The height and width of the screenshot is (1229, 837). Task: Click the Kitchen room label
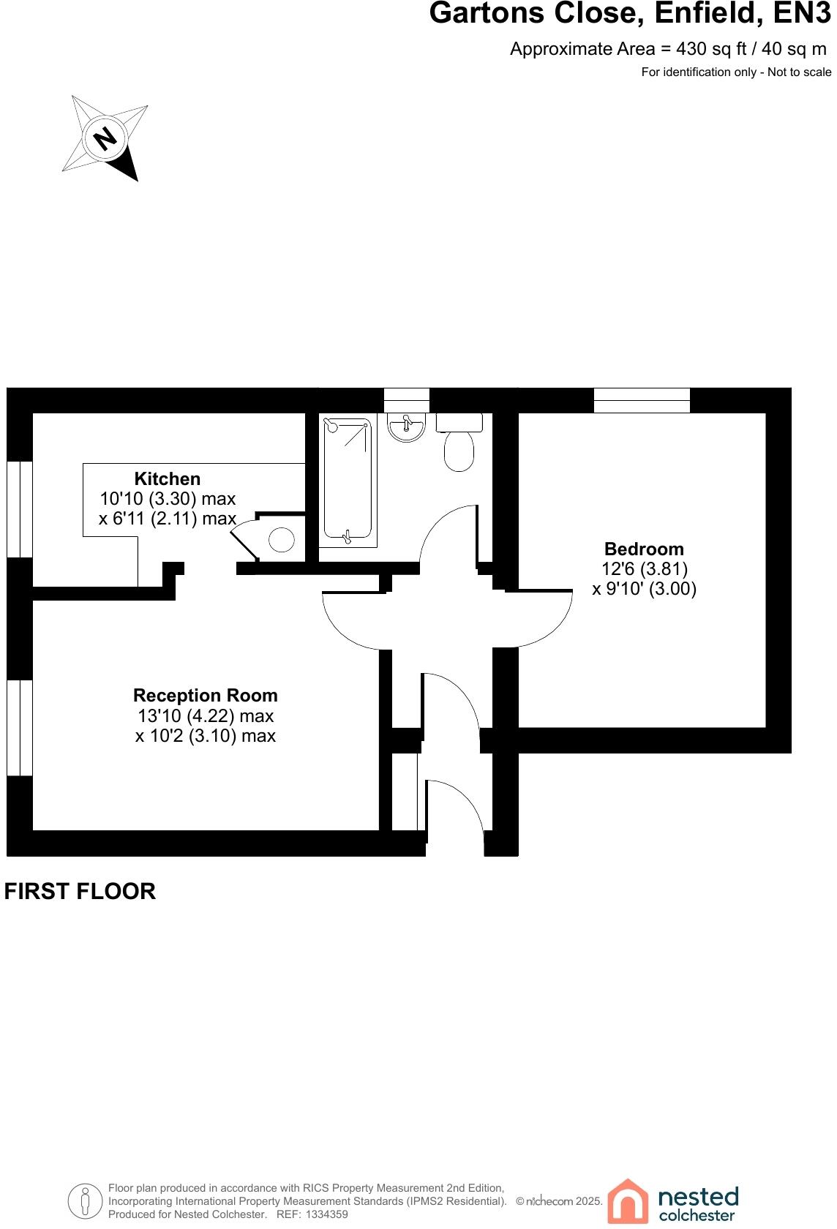pyautogui.click(x=167, y=479)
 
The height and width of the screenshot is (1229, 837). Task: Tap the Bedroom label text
pyautogui.click(x=644, y=549)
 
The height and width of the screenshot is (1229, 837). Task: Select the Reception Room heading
pyautogui.click(x=206, y=696)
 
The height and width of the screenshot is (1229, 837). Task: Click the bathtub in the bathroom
pyautogui.click(x=348, y=479)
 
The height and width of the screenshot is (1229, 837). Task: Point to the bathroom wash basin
pyautogui.click(x=406, y=428)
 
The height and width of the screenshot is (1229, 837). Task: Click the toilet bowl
pyautogui.click(x=459, y=450)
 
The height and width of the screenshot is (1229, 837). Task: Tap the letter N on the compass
pyautogui.click(x=107, y=138)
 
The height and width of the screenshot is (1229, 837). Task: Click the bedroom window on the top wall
pyautogui.click(x=642, y=400)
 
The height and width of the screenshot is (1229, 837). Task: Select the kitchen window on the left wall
pyautogui.click(x=20, y=509)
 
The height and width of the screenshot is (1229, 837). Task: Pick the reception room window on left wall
pyautogui.click(x=20, y=727)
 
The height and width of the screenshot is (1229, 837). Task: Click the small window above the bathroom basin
pyautogui.click(x=406, y=400)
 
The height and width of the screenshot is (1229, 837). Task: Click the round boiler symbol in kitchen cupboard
pyautogui.click(x=282, y=541)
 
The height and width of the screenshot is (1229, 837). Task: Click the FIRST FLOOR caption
pyautogui.click(x=80, y=891)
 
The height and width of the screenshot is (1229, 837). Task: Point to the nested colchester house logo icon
pyautogui.click(x=627, y=1201)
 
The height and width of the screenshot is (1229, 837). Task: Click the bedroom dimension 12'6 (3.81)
pyautogui.click(x=644, y=569)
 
